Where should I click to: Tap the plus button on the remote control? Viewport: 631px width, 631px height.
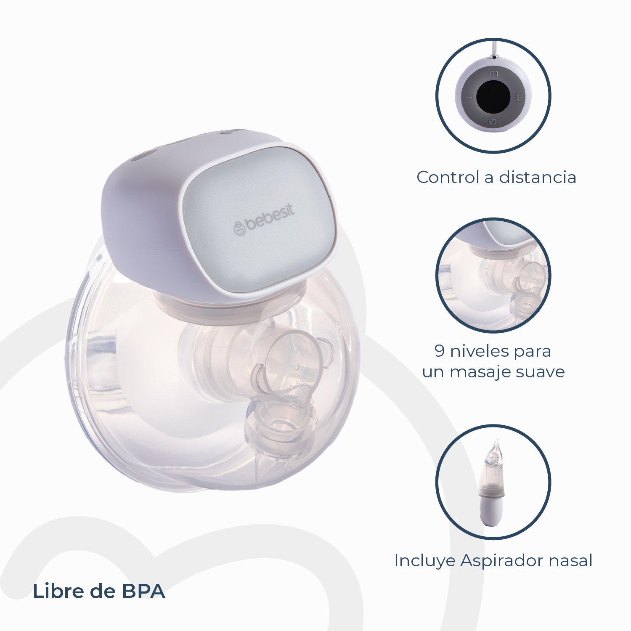518,98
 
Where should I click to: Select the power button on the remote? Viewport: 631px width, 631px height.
493,122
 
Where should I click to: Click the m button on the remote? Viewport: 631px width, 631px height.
494,73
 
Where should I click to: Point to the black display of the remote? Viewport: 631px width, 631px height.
493,97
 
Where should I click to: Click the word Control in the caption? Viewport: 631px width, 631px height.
448,178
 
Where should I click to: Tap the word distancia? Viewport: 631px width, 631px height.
537,178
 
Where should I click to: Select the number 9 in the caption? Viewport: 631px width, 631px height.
440,351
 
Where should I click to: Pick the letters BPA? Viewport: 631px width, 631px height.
143,591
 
